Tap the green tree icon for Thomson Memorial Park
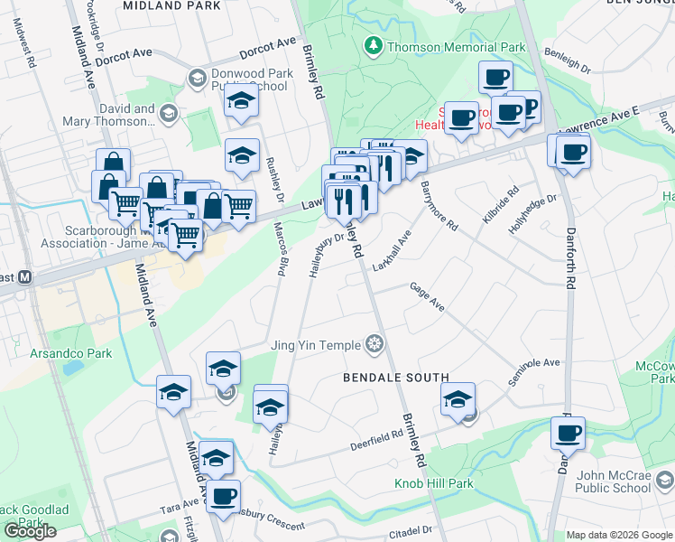pos(372,45)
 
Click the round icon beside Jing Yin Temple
pos(374,344)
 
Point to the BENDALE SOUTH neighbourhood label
pos(396,377)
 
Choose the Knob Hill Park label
pos(433,484)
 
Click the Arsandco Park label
pos(70,353)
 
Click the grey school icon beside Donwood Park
pos(196,79)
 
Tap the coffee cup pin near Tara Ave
pos(224,495)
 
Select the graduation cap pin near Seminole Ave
pos(458,398)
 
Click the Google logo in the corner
pos(30,531)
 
